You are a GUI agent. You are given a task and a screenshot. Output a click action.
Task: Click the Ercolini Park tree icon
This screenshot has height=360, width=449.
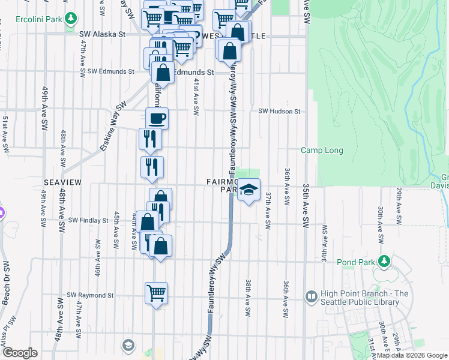71,19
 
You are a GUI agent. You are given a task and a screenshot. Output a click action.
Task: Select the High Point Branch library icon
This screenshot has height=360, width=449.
311,296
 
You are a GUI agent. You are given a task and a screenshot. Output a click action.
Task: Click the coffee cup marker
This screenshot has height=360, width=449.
157,118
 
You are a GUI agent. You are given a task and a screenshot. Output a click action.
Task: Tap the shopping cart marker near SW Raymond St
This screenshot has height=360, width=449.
157,293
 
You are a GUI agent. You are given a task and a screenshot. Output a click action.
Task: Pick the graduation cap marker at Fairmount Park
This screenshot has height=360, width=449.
249,191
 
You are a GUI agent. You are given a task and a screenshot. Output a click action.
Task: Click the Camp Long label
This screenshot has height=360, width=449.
320,151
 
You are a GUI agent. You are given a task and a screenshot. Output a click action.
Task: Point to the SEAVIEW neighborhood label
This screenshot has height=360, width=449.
62,181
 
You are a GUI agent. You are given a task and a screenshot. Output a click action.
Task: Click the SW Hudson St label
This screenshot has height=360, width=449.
279,111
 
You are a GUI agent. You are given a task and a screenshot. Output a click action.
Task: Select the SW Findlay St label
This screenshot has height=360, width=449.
88,220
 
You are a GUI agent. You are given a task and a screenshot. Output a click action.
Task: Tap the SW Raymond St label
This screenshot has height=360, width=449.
90,295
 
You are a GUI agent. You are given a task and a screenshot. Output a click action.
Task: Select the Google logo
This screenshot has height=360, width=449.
20,353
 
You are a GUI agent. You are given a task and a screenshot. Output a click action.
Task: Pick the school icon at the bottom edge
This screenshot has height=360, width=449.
128,345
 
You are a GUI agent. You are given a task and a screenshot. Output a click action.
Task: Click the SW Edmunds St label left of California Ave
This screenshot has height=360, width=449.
110,71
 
